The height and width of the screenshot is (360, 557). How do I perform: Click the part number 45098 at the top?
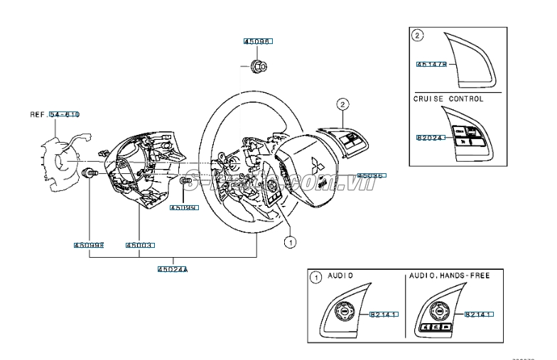coord(258,43)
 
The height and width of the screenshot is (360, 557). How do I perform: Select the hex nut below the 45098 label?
coord(258,67)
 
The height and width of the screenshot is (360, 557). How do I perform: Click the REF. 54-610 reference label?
coord(55,114)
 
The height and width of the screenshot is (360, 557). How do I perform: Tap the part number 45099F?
coord(89,245)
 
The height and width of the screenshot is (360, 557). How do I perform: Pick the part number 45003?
coord(140,245)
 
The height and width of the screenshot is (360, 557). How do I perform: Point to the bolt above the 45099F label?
coord(90,173)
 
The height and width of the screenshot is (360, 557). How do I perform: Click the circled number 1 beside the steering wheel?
coord(290,242)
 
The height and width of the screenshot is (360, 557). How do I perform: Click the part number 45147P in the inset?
coord(431,65)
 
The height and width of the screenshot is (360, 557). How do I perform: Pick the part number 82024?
coord(430,138)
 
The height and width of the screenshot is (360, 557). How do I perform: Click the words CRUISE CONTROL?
coord(448,99)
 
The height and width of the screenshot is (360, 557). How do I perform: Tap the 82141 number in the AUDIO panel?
coord(382,313)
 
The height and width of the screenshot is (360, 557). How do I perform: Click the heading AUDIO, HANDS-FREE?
coord(450,274)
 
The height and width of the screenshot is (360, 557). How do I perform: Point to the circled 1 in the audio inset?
coord(315,275)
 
